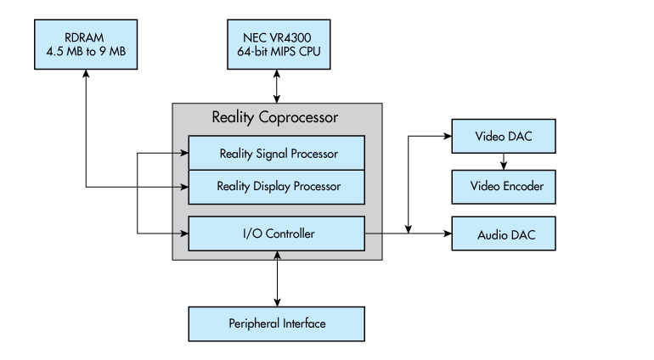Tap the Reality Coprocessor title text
pyautogui.click(x=277, y=116)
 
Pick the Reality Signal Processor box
pyautogui.click(x=277, y=154)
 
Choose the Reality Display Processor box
pyautogui.click(x=277, y=186)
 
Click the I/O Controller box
pyautogui.click(x=277, y=233)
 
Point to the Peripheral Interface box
pyautogui.click(x=277, y=323)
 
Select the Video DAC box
pyautogui.click(x=503, y=136)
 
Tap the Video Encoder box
pyautogui.click(x=503, y=185)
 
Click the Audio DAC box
pyautogui.click(x=503, y=233)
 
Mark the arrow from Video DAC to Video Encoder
pyautogui.click(x=503, y=160)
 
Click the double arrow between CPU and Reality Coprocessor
pyautogui.click(x=277, y=85)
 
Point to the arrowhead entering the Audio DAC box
pyautogui.click(x=446, y=233)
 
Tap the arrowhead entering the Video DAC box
pyautogui.click(x=446, y=136)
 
